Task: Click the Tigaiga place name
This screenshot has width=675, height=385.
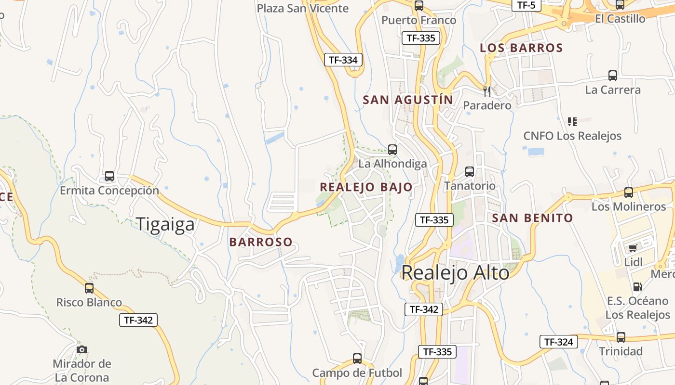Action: pos(165,224)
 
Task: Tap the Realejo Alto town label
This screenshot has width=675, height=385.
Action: pos(455,273)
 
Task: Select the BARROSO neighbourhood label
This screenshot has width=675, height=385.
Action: pos(261,242)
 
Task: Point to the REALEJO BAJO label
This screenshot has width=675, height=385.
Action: pos(366,187)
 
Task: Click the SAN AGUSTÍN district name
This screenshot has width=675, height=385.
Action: pos(407,100)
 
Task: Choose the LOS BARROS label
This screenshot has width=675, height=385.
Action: pos(521,48)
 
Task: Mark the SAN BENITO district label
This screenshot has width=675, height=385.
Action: pos(532,218)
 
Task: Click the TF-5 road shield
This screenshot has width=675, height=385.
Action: pos(526,5)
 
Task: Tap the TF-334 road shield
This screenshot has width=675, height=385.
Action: pos(343,60)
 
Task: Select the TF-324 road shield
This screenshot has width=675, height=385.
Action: pos(558,342)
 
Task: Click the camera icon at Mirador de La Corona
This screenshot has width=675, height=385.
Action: pos(82,349)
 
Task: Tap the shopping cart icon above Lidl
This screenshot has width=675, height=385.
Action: pos(633,248)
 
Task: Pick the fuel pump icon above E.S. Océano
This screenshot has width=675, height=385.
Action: pos(637,287)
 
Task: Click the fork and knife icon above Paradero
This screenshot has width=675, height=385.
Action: pos(487,90)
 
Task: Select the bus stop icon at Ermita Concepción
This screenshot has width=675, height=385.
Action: pos(109,176)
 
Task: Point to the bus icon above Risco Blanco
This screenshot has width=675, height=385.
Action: pos(89,288)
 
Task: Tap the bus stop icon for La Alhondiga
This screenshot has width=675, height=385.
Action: pos(392,150)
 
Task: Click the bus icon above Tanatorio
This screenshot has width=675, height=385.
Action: pos(470,172)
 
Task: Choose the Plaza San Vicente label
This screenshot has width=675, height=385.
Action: pos(302,8)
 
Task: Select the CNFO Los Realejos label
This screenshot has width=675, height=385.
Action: pos(572,136)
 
